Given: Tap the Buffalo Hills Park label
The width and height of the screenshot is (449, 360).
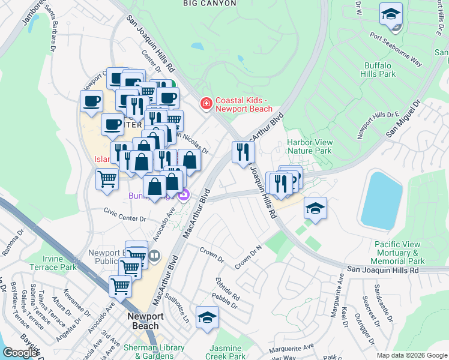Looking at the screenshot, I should (x=379, y=70).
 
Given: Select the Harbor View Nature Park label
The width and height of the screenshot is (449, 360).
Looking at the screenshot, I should (x=309, y=146).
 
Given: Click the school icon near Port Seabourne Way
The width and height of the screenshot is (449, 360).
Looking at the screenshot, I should (x=391, y=13).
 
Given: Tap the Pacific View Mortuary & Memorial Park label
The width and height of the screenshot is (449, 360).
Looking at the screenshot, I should (x=400, y=253).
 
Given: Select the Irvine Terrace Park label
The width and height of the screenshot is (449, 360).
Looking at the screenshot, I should (x=51, y=262).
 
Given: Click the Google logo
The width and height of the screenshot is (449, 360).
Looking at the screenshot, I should (x=20, y=353).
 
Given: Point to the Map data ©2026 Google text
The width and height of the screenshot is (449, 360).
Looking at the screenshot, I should (x=411, y=355).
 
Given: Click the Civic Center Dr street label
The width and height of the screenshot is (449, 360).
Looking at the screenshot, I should (x=125, y=214).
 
